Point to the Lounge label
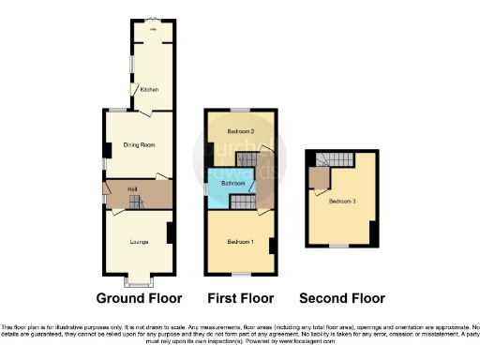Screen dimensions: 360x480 tap(139, 241)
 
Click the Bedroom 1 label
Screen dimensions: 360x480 tap(240, 242)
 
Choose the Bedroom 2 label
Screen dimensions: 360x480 tap(241, 131)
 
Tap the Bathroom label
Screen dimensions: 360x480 tap(232, 184)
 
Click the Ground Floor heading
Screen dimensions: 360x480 tap(139, 299)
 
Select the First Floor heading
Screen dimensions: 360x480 tap(240, 299)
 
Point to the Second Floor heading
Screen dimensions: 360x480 tap(341, 299)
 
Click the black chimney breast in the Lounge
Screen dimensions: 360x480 tap(170, 232)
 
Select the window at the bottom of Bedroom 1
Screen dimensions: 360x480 tap(241, 274)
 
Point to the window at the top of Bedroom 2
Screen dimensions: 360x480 tap(241, 111)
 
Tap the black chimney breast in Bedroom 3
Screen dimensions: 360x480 tap(373, 232)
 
